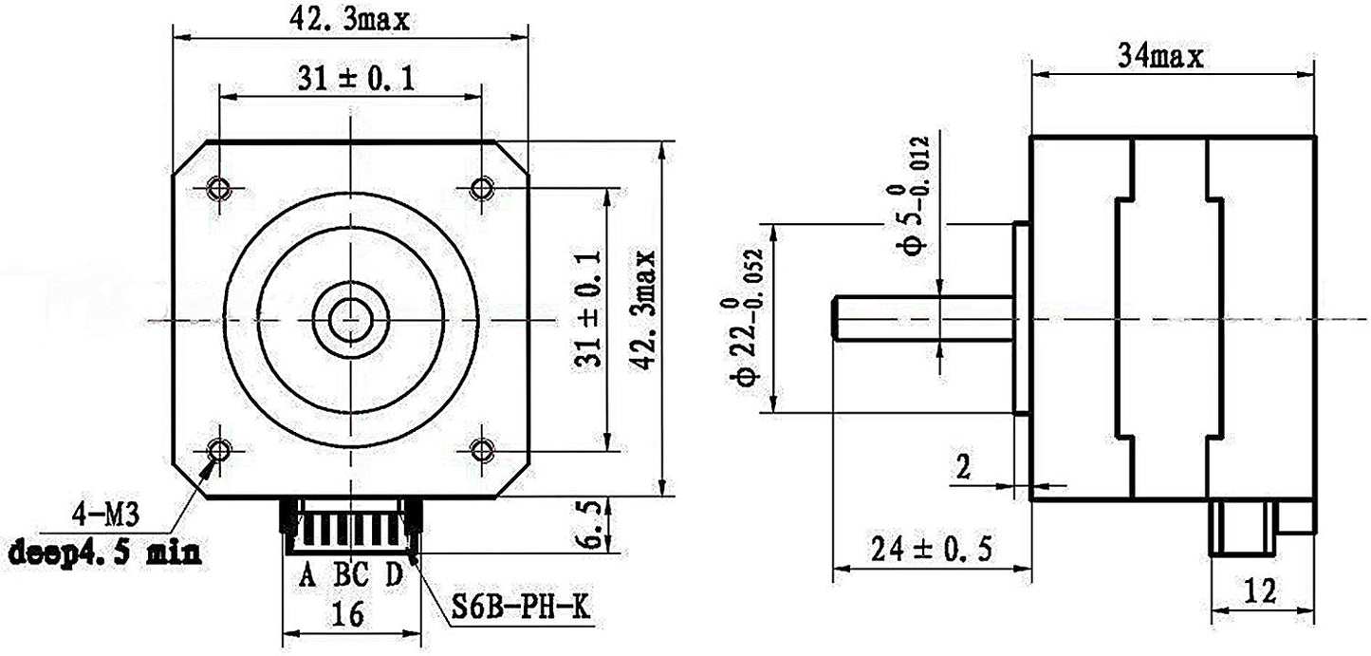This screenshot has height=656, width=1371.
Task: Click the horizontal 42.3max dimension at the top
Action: [x=348, y=21]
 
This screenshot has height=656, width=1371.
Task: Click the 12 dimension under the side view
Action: [x=1260, y=591]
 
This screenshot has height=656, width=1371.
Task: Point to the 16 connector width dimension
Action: [x=348, y=615]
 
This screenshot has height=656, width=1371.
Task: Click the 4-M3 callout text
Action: [x=105, y=517]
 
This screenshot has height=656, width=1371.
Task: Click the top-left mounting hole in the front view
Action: [x=219, y=187]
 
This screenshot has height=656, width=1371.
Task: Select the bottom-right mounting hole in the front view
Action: [x=482, y=447]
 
